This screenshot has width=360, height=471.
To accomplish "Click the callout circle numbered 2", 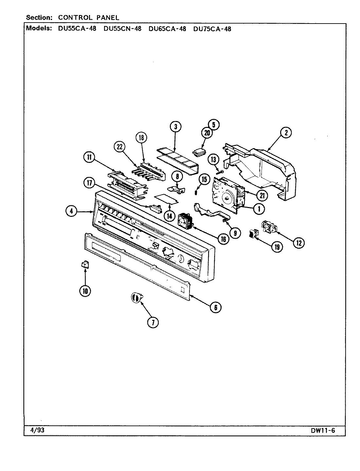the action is click(x=286, y=133).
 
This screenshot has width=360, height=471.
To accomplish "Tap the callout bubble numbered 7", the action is click(x=153, y=322).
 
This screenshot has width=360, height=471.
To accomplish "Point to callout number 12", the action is click(x=299, y=242).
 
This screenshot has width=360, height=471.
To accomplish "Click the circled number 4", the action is click(x=71, y=212).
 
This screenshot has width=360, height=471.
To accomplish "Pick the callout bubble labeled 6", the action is click(x=215, y=307).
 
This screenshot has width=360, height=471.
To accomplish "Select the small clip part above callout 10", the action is click(x=85, y=264).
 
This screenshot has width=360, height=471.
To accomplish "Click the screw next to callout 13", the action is click(x=221, y=171).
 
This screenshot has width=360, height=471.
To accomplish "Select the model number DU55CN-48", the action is click(x=122, y=28).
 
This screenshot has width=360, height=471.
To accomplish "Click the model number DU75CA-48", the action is click(x=212, y=28).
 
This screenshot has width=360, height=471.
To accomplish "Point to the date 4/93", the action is click(x=35, y=430).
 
